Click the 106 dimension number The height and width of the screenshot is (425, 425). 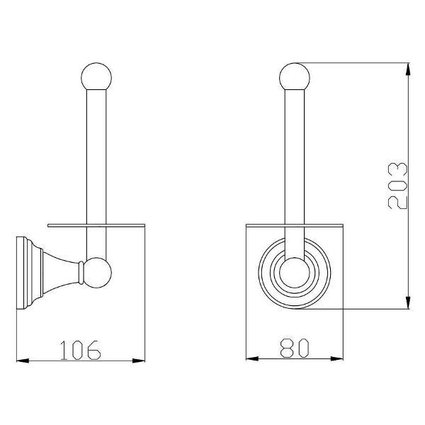(81, 350)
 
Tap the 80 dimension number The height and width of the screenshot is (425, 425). (295, 348)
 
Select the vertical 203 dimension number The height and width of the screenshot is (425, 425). (397, 186)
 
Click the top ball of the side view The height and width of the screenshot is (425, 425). (96, 77)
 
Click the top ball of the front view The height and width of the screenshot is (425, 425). (295, 77)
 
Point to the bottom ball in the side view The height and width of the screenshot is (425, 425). (97, 273)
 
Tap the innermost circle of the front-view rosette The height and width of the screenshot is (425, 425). (295, 273)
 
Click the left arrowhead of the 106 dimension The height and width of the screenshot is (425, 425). (23, 361)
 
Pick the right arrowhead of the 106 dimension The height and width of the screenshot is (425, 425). (139, 361)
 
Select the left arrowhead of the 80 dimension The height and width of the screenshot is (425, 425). (252, 359)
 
